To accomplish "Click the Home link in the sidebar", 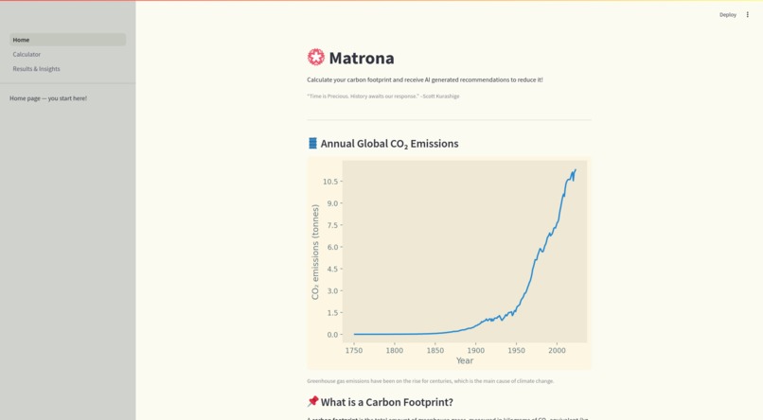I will pyautogui.click(x=22, y=40).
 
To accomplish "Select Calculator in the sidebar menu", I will pyautogui.click(x=27, y=54).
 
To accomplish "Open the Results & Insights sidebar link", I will pyautogui.click(x=36, y=69).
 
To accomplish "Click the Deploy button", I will pyautogui.click(x=727, y=15).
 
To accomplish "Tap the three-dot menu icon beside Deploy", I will pyautogui.click(x=747, y=15).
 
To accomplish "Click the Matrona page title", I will pyautogui.click(x=361, y=58).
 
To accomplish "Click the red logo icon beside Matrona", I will pyautogui.click(x=316, y=58).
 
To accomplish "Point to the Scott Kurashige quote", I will pyautogui.click(x=383, y=96).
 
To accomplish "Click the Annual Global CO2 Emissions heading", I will pyautogui.click(x=389, y=144).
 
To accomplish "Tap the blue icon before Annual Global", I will pyautogui.click(x=312, y=143).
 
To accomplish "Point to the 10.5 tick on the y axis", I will pyautogui.click(x=330, y=182).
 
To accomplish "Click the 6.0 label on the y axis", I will pyautogui.click(x=332, y=248).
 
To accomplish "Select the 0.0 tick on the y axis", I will pyautogui.click(x=332, y=335).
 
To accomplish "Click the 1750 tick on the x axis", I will pyautogui.click(x=354, y=350).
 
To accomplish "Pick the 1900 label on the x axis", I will pyautogui.click(x=475, y=350).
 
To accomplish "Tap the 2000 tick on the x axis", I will pyautogui.click(x=557, y=350).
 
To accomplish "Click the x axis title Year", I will pyautogui.click(x=465, y=360).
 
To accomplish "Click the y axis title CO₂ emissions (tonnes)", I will pyautogui.click(x=315, y=253).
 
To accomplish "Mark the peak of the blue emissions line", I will pyautogui.click(x=575, y=170).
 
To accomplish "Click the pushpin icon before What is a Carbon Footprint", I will pyautogui.click(x=312, y=402).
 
